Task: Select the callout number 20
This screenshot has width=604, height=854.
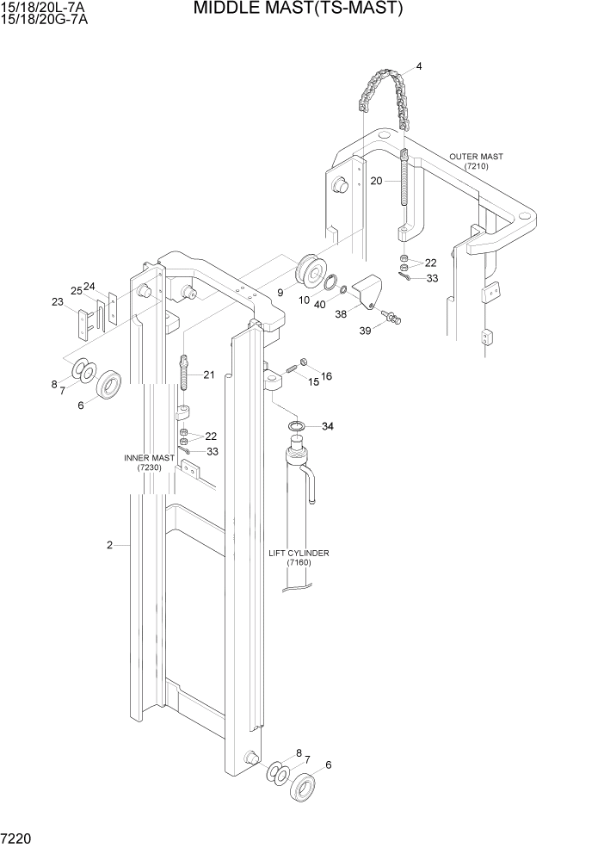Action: [x=377, y=181]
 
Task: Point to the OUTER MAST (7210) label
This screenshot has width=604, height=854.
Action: [x=476, y=161]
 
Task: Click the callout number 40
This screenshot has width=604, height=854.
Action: [x=320, y=303]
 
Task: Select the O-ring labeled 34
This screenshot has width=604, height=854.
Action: [x=295, y=427]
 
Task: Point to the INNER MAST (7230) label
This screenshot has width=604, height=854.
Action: [x=149, y=462]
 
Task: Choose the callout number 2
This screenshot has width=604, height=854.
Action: [x=110, y=545]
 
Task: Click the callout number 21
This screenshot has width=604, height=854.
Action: [x=209, y=374]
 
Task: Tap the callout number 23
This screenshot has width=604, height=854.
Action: [x=58, y=302]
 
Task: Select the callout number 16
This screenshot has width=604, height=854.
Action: [x=327, y=376]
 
